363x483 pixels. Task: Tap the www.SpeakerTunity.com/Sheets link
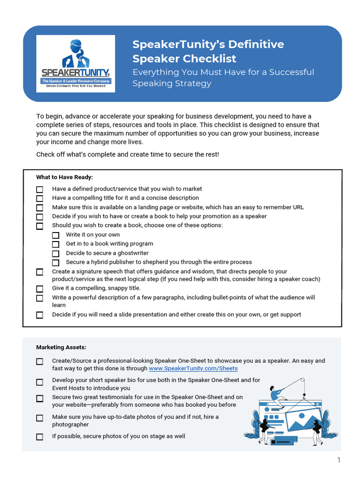[193, 368]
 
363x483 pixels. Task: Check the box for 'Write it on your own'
[56, 235]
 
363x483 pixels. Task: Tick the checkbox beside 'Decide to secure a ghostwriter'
[56, 253]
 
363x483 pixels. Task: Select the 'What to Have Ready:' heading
[65, 177]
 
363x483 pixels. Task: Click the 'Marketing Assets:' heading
[61, 348]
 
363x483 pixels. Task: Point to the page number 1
[339, 460]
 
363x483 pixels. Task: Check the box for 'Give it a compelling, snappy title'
[40, 289]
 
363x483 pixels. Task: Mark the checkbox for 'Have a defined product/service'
[40, 189]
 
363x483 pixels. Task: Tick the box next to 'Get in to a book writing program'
[56, 244]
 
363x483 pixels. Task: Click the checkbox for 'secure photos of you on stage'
[40, 437]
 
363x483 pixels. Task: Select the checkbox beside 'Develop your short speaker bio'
[40, 382]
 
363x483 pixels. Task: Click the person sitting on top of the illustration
[275, 393]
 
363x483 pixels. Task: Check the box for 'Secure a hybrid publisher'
[56, 263]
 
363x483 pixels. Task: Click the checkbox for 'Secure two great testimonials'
[40, 399]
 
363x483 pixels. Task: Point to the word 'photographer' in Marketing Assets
[70, 425]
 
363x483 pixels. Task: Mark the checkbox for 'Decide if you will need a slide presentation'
[40, 315]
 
